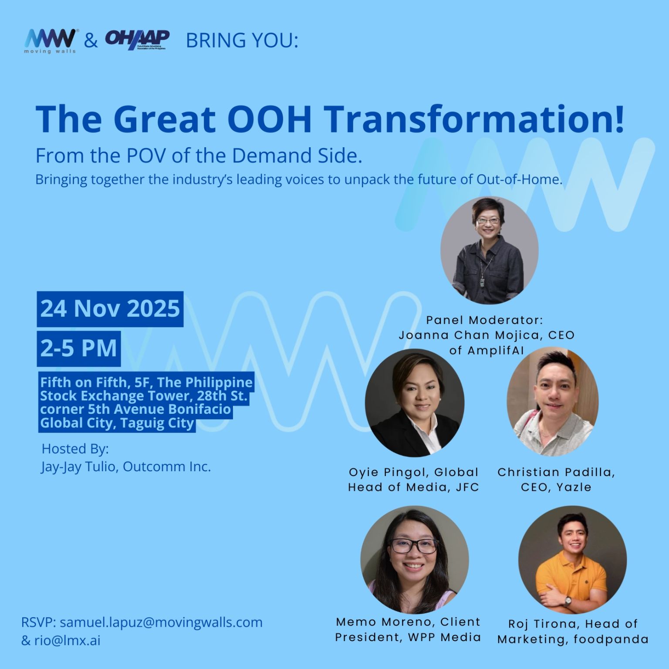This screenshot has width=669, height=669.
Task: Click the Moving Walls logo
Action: tap(51, 41)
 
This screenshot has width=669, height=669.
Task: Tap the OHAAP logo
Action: tap(137, 40)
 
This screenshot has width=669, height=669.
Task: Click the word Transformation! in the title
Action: tap(473, 119)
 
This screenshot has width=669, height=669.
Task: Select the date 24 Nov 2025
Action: tap(110, 309)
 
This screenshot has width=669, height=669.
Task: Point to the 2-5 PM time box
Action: tap(79, 348)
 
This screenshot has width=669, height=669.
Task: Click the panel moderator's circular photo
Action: tap(489, 250)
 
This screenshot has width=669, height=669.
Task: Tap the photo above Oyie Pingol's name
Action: tap(414, 402)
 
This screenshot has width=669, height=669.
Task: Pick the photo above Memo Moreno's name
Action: tap(414, 559)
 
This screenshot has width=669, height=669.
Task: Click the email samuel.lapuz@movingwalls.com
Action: tap(161, 622)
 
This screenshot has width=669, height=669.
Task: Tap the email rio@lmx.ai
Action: tap(68, 641)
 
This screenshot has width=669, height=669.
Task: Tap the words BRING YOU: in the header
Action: tap(242, 41)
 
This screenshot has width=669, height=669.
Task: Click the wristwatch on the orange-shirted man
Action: tap(568, 601)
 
